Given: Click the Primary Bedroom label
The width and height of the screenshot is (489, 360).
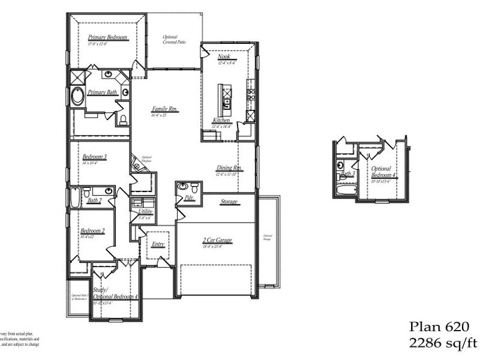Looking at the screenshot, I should (x=108, y=37).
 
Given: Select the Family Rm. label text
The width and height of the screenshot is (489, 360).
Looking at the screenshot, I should (x=164, y=109).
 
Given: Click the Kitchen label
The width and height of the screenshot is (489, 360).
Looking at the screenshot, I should (x=221, y=121).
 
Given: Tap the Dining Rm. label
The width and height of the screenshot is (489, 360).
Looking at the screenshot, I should (x=229, y=169).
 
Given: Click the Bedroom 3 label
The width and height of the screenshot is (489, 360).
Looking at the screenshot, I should (x=94, y=157).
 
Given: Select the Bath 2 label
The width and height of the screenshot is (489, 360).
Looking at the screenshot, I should (x=94, y=200).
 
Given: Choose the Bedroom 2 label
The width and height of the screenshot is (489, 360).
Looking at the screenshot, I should (x=92, y=231).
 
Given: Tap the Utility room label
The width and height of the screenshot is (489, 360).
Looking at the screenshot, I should (x=145, y=212).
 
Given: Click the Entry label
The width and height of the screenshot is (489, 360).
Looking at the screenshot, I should (x=158, y=244).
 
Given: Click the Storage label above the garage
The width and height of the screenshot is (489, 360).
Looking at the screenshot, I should (x=229, y=202).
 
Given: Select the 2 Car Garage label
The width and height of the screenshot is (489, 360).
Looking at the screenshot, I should (x=217, y=241).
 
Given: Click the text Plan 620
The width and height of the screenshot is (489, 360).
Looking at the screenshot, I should (x=439, y=327).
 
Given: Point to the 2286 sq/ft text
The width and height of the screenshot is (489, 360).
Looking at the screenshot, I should (x=443, y=343).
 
